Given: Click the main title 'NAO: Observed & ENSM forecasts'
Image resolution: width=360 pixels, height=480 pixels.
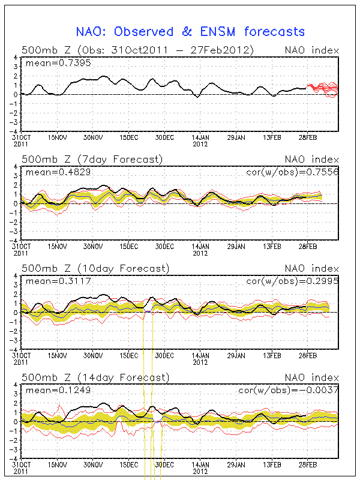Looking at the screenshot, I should [190, 32].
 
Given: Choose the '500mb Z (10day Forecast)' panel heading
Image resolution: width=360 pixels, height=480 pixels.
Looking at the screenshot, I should [95, 268].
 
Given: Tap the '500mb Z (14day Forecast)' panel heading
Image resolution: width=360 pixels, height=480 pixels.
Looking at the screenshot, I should [95, 377].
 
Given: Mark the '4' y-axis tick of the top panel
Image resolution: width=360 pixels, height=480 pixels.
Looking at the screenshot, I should [14, 58].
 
